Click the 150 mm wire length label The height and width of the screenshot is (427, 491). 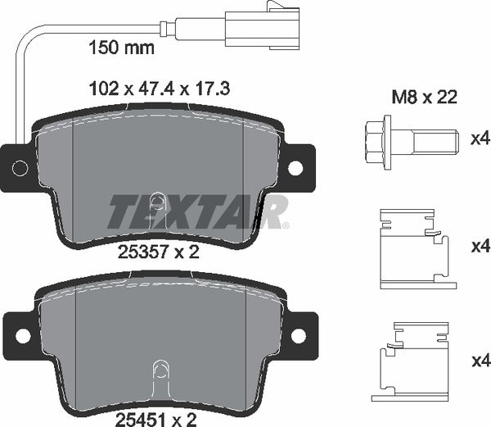120,48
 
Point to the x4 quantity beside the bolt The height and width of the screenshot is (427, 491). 479,139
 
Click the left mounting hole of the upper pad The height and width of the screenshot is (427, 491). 20,168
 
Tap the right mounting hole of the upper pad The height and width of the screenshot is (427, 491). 295,167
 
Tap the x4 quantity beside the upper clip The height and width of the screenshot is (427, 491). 479,246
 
